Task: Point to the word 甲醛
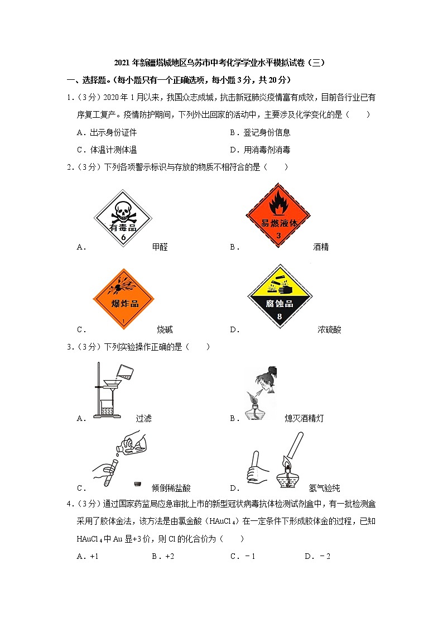(x=160, y=247)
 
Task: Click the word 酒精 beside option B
(x=321, y=247)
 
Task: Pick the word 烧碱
(x=165, y=329)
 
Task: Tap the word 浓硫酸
(x=329, y=329)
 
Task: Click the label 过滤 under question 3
(x=143, y=418)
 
